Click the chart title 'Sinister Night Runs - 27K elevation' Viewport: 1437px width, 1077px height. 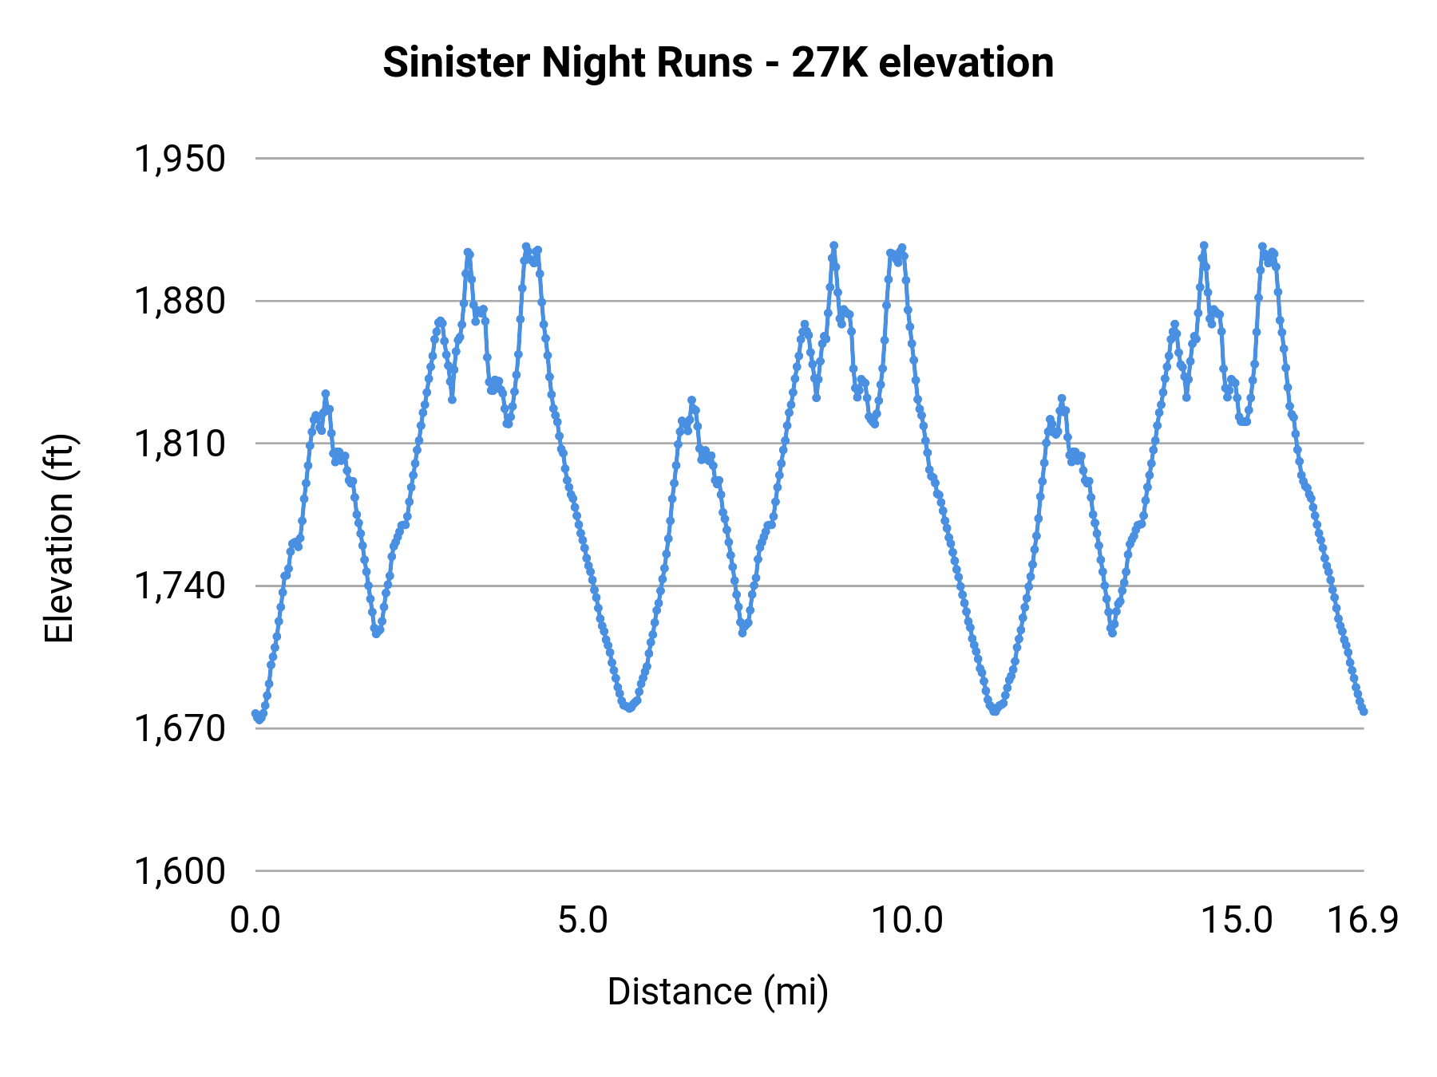(x=718, y=62)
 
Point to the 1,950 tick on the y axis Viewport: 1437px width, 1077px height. (x=180, y=159)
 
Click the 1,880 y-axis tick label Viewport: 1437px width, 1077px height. (x=180, y=302)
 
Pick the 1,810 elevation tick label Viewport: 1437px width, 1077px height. (x=180, y=444)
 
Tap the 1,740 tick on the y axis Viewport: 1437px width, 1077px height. (x=180, y=586)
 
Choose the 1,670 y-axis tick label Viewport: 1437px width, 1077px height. (x=180, y=728)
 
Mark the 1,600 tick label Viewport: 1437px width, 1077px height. (x=180, y=870)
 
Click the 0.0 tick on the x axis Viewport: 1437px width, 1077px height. (x=255, y=921)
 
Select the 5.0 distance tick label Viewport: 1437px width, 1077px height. (x=583, y=921)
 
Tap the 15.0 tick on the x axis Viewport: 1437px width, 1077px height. (x=1237, y=921)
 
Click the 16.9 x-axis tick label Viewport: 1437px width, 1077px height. (x=1363, y=921)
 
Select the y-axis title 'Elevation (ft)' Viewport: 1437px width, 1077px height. (x=59, y=538)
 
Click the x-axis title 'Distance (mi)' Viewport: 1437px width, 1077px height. (x=718, y=992)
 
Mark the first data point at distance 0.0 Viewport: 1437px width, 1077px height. (x=255, y=713)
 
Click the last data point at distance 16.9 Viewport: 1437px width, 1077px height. (x=1364, y=711)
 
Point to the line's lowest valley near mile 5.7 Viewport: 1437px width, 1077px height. (x=629, y=708)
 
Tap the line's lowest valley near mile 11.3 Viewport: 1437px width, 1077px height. (x=995, y=711)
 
